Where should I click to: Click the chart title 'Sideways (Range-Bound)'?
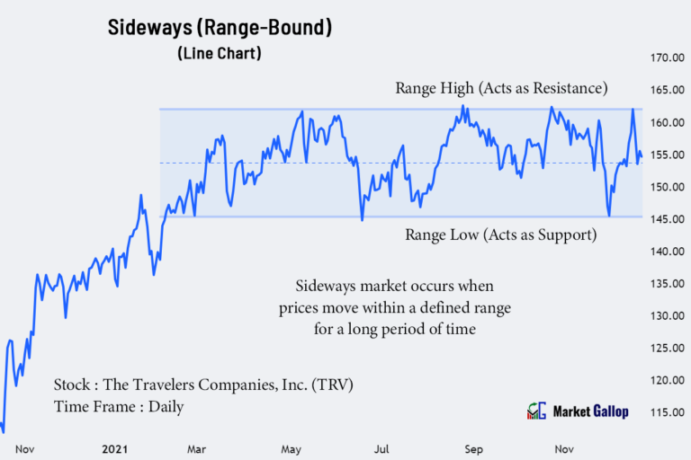tap(220, 27)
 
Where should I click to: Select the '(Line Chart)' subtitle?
tap(220, 54)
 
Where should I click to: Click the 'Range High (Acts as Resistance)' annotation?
tap(502, 89)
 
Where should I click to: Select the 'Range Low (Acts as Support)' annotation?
tap(501, 235)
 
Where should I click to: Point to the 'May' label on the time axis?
tap(292, 448)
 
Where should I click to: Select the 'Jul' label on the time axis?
tap(381, 448)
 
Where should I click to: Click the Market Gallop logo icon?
tap(536, 411)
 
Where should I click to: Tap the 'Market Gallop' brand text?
tap(590, 411)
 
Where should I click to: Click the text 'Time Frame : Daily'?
tap(119, 407)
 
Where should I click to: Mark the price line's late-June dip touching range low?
tap(362, 219)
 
